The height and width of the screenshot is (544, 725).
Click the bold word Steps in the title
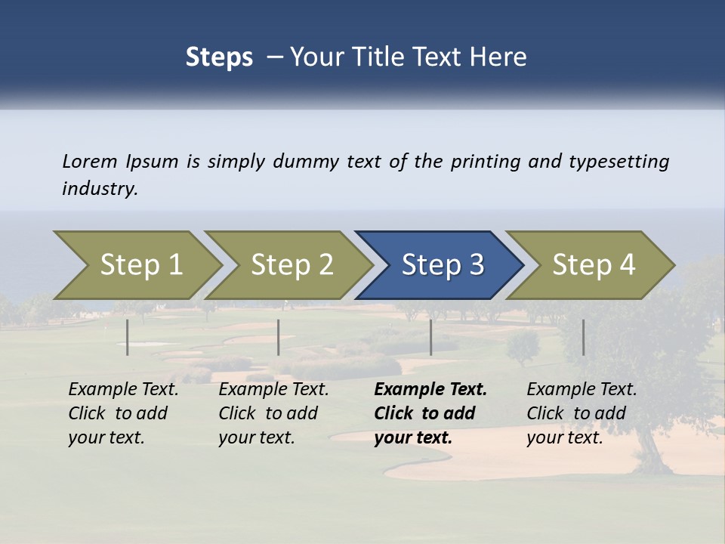(219, 57)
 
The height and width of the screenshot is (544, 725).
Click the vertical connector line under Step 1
(128, 337)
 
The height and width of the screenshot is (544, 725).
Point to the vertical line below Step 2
(279, 337)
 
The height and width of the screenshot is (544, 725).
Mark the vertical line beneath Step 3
(430, 337)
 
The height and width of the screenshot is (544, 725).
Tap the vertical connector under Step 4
(583, 337)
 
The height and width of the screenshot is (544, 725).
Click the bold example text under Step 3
(429, 413)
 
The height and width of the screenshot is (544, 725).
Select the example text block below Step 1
(122, 413)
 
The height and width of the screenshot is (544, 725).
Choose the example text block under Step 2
(273, 413)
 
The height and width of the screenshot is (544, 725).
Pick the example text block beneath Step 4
(581, 413)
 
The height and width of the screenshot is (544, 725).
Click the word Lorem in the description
(90, 162)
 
